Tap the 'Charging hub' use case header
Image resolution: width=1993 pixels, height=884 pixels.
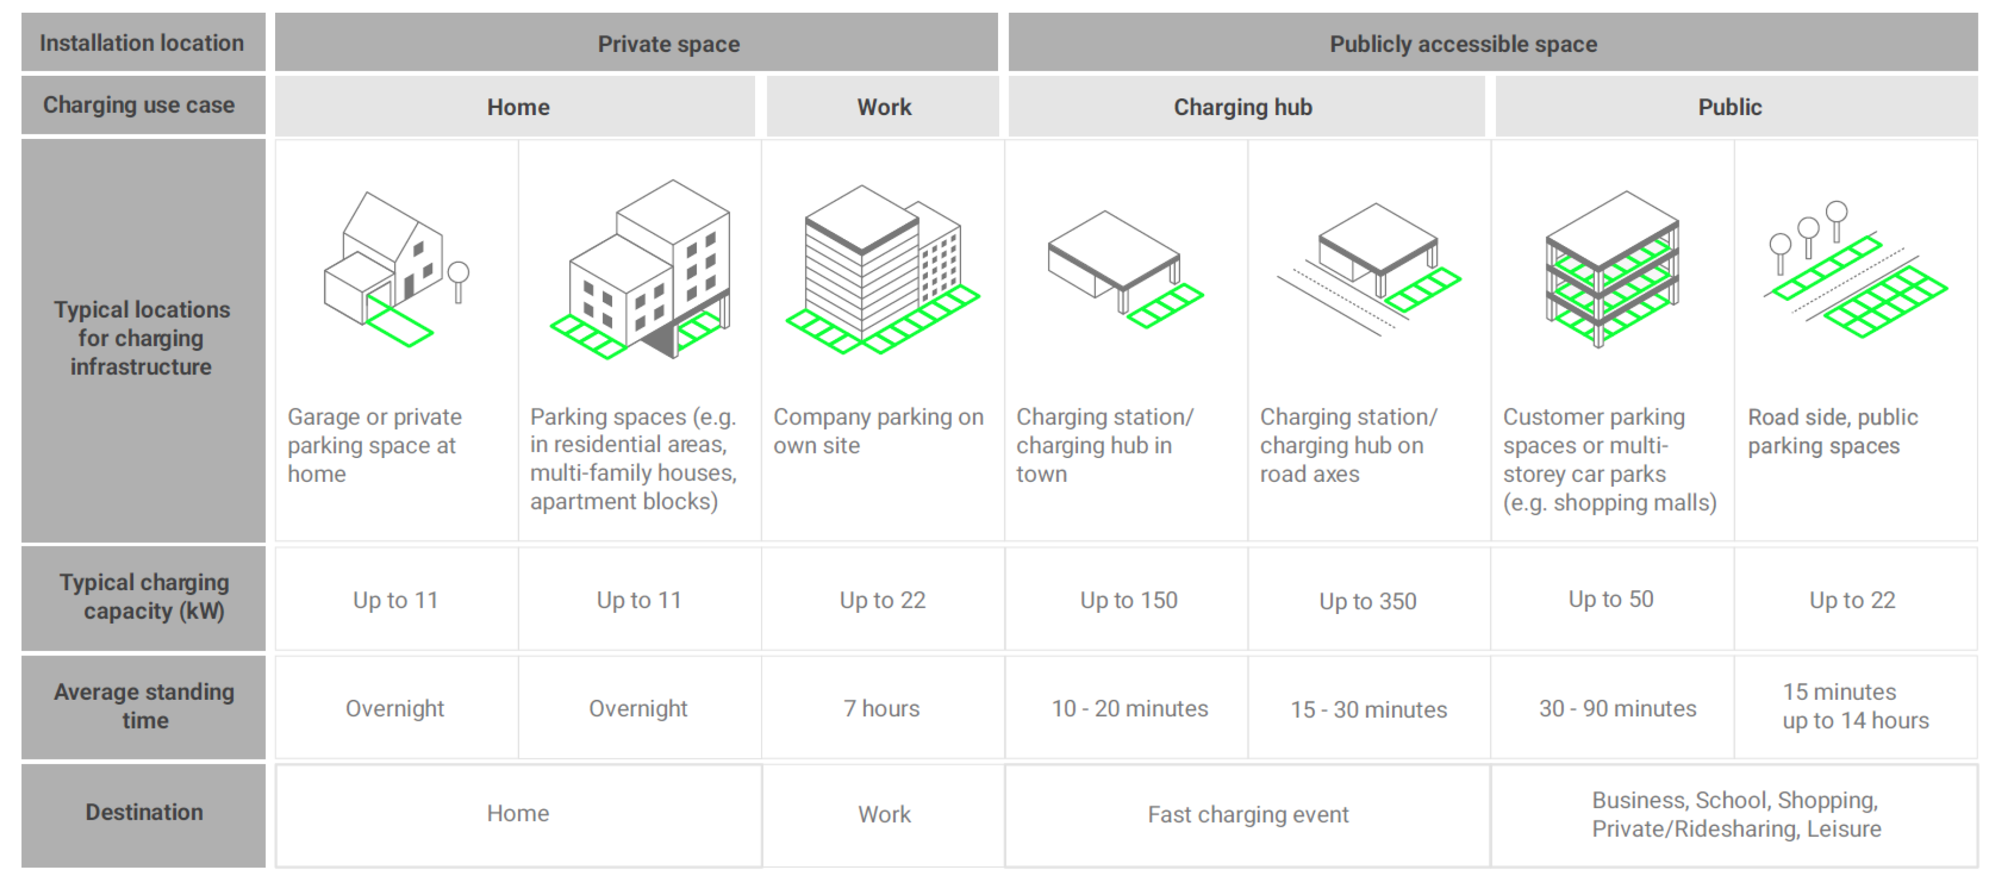click(1242, 107)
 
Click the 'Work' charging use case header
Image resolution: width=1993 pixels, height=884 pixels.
click(884, 107)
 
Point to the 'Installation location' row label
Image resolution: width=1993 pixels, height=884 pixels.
click(142, 43)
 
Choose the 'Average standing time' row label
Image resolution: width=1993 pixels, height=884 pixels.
click(144, 705)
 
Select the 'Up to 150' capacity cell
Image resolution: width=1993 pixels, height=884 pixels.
click(1128, 600)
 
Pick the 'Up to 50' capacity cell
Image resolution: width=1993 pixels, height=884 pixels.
click(1611, 600)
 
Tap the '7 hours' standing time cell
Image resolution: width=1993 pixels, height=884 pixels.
click(881, 709)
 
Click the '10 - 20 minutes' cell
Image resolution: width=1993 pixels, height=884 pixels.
click(1129, 709)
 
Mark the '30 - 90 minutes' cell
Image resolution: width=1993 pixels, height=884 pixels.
click(1617, 709)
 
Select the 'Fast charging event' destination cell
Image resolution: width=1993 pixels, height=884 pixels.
click(1247, 814)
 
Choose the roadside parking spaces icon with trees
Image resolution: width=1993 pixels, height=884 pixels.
click(1855, 271)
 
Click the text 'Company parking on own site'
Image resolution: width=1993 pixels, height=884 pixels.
click(878, 431)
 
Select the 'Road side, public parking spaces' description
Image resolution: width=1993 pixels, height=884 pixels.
click(1832, 431)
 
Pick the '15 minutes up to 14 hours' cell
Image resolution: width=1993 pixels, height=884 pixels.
click(1855, 706)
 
